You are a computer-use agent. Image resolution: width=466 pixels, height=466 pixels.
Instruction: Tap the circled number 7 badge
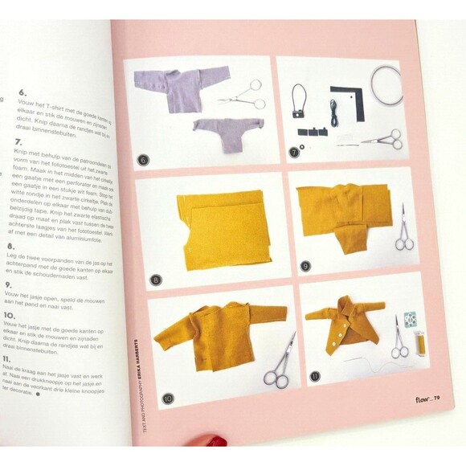294,150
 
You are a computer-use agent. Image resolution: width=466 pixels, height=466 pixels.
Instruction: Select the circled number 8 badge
155,280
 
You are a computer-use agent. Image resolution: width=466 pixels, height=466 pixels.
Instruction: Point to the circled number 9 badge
305,265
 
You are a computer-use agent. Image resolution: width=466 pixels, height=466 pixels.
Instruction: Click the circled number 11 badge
315,375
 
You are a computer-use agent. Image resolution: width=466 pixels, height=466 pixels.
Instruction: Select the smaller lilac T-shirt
228,130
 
